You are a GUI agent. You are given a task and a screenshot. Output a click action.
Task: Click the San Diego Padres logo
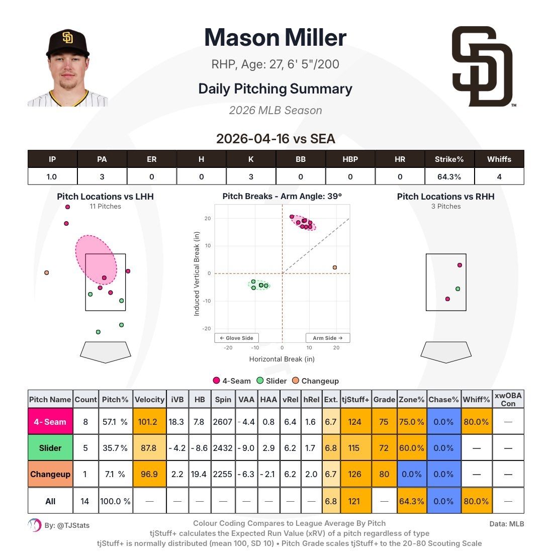[x=482, y=66]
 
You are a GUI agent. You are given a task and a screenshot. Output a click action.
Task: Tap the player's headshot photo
[x=67, y=68]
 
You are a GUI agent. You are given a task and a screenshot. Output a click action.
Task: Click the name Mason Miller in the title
[x=275, y=38]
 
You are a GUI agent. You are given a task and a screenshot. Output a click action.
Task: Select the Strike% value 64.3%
[x=449, y=176]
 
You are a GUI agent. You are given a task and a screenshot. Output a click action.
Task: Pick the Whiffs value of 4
[x=499, y=176]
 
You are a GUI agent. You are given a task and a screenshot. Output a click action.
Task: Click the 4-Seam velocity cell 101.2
[x=149, y=422]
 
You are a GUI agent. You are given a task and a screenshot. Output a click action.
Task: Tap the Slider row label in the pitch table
[x=50, y=448]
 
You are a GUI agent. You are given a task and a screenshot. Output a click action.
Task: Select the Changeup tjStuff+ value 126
[x=355, y=474]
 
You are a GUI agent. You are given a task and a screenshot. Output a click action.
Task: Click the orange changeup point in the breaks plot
[x=335, y=267]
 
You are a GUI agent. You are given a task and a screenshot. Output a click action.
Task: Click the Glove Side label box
[x=236, y=338]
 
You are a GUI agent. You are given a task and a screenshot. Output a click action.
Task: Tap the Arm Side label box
[x=327, y=338]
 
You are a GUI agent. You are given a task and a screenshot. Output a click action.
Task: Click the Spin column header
[x=223, y=400]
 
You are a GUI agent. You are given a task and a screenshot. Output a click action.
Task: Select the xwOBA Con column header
[x=508, y=400]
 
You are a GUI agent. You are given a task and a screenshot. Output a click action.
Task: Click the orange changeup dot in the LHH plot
[x=47, y=273]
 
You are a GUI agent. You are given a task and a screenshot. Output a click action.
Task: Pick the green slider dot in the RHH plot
[x=457, y=289]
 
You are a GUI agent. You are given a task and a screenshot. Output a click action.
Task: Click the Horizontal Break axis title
[x=282, y=359]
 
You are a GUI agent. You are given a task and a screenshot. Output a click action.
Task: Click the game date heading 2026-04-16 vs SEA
[x=275, y=139]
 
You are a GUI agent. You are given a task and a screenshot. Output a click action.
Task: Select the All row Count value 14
[x=85, y=501]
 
